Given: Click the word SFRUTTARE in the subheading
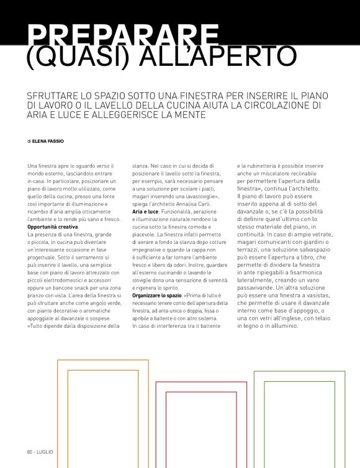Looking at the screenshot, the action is (x=56, y=96).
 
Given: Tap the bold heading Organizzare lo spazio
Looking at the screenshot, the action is (x=157, y=295).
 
